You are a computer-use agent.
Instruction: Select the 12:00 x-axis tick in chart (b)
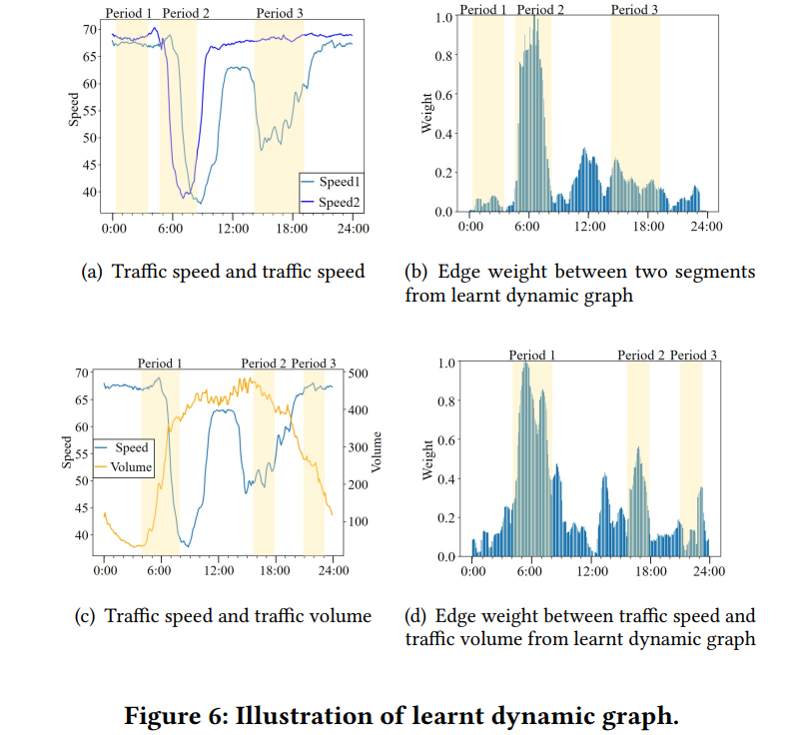click(589, 227)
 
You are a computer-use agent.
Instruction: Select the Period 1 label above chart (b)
click(483, 10)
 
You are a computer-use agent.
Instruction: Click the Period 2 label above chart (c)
click(263, 364)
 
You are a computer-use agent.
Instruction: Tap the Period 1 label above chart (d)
click(532, 355)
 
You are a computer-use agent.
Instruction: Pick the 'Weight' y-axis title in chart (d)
click(427, 459)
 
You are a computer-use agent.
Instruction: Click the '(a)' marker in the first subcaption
click(92, 271)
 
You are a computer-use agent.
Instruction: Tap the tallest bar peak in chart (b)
click(535, 20)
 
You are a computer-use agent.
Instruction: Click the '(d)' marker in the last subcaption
click(415, 615)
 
